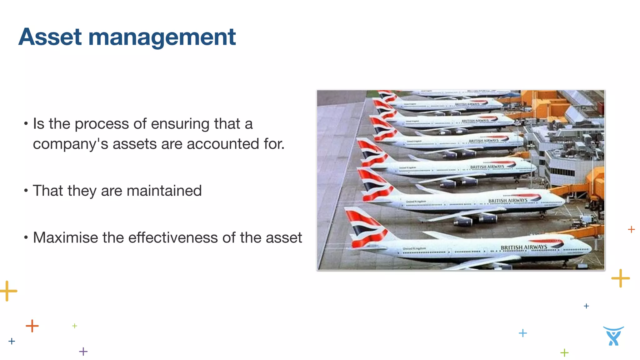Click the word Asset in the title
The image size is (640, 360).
(50, 37)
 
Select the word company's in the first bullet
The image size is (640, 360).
(70, 144)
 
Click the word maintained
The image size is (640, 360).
(164, 191)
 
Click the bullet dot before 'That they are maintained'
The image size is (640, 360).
(26, 190)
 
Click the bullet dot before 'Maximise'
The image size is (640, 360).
(26, 237)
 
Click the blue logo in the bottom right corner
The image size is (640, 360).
(613, 336)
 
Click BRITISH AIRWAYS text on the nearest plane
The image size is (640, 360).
(524, 247)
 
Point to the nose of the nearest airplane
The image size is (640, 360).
(589, 249)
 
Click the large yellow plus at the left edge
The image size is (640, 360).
(7, 291)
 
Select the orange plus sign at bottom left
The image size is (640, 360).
(32, 326)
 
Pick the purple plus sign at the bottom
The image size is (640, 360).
(83, 352)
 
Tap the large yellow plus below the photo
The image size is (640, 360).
(620, 278)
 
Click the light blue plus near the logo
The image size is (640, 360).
(522, 333)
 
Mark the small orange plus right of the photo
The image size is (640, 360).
(631, 229)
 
